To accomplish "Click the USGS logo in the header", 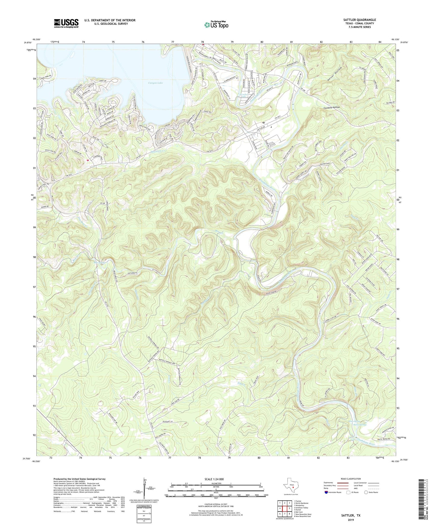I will click(66, 23).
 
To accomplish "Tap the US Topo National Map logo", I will click(216, 25).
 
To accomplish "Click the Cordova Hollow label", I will click(331, 107).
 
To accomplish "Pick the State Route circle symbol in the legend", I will click(366, 492).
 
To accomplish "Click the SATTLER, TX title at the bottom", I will click(351, 515).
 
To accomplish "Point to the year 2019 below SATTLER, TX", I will click(351, 520).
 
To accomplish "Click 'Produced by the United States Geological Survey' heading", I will click(79, 479).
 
